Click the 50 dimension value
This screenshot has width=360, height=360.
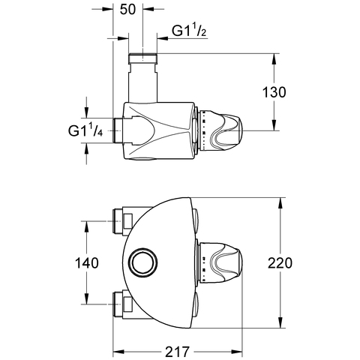coord(127,10)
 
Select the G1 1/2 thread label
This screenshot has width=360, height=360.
coord(190,31)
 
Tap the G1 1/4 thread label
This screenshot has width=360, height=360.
coord(85,130)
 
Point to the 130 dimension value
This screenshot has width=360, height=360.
coord(274,92)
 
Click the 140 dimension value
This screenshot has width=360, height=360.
coord(87,263)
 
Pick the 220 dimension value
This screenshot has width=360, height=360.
coord(280,263)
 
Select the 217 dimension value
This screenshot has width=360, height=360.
coord(178,352)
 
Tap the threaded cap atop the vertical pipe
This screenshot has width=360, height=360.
coord(142,58)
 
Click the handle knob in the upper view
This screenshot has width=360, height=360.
coord(220,130)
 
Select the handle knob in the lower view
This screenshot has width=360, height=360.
coord(220,262)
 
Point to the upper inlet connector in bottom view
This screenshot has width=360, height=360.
coord(122,221)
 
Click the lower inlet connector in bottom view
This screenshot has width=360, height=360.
coord(122,304)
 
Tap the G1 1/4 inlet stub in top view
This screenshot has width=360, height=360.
coord(118,130)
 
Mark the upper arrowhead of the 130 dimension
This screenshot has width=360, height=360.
coord(274,60)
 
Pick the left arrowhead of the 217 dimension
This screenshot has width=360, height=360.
coord(119,352)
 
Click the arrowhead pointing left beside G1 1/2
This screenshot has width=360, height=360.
coord(163,38)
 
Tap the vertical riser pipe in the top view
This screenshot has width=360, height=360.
coord(142,83)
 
